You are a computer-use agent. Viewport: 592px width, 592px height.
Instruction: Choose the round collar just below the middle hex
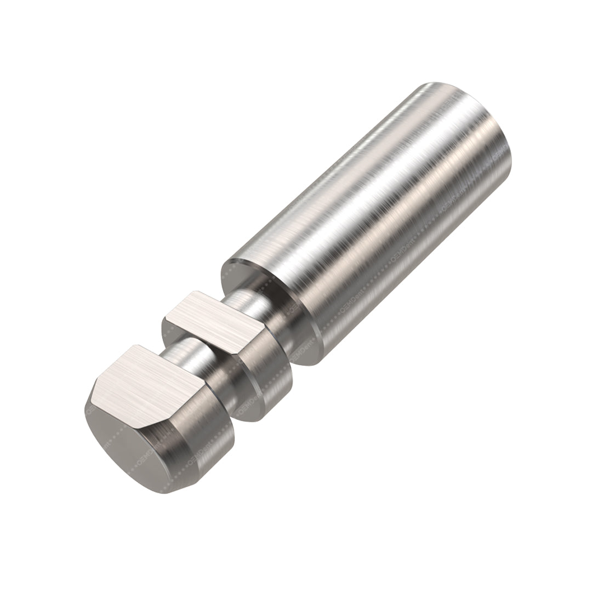(263, 378)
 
